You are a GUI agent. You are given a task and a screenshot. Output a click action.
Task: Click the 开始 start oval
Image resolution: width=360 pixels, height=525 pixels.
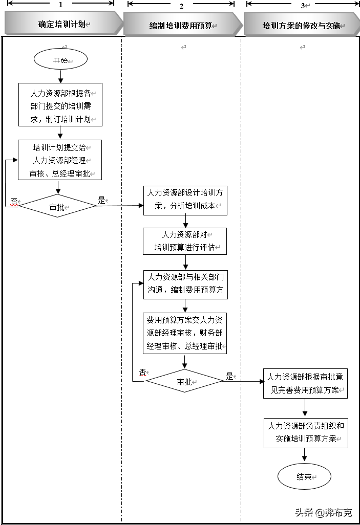point(60,60)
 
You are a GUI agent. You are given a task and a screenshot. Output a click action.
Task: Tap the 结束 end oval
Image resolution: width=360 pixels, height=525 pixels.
point(304,477)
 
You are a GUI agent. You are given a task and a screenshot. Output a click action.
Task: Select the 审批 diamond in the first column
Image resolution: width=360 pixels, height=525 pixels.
point(57,207)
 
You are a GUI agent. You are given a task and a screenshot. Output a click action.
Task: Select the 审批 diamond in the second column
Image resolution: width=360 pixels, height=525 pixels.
point(184,381)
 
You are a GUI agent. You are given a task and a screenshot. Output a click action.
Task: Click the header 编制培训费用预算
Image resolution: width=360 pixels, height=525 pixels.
point(181,25)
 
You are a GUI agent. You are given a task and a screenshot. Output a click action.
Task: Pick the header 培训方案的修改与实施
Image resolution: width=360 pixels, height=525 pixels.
point(302,25)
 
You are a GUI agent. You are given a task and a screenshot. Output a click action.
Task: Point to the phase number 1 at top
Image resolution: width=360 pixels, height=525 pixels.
point(60,5)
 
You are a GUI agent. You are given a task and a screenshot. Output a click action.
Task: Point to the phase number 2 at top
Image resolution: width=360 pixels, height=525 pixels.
point(181,6)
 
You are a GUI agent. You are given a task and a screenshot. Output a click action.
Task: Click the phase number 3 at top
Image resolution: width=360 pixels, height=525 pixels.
point(303,6)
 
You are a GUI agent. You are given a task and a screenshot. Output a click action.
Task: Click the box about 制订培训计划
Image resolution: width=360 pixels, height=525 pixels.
point(60,105)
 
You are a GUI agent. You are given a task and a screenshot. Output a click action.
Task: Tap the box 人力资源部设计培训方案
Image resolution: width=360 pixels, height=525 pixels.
point(184,200)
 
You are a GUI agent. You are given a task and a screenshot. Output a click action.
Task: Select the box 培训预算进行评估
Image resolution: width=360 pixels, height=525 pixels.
point(184,241)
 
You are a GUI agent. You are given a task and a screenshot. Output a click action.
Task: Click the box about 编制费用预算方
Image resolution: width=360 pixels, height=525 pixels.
point(184,285)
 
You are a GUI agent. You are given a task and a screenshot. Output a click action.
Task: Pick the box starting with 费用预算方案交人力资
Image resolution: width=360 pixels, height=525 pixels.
point(184,333)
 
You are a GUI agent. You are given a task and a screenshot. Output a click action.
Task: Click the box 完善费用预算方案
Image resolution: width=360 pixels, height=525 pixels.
point(306,383)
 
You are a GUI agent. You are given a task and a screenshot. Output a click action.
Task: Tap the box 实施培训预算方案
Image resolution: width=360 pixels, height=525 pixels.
point(306,433)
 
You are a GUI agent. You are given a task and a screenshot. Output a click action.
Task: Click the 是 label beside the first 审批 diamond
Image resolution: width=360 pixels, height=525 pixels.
point(101,201)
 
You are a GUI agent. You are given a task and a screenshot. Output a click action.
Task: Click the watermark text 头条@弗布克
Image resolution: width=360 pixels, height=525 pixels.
point(323,513)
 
